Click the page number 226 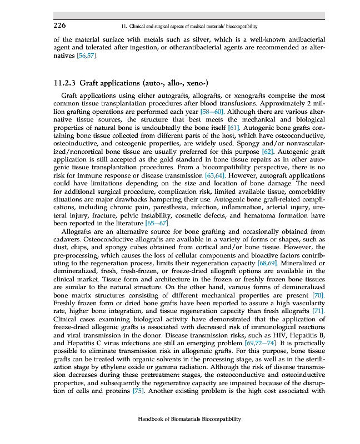pyautogui.click(x=59, y=26)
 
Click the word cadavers pyautogui.click(x=68, y=239)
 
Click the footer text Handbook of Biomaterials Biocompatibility pyautogui.click(x=189, y=420)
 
